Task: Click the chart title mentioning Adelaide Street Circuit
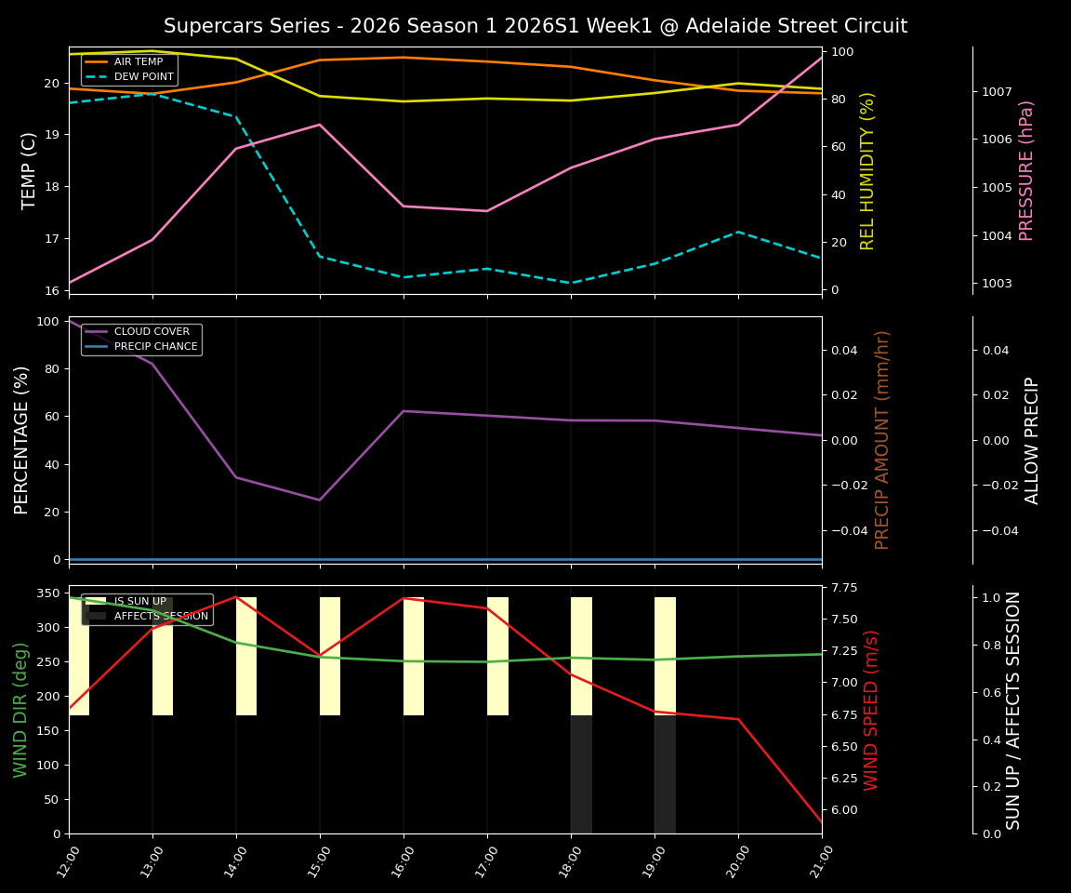(x=535, y=26)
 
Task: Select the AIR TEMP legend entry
(x=138, y=62)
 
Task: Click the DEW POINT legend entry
(x=143, y=76)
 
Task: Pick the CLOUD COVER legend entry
(x=152, y=332)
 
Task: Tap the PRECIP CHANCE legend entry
(x=155, y=347)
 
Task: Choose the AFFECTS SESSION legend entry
(x=161, y=617)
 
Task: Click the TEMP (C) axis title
(x=30, y=170)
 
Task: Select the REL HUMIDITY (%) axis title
(x=868, y=170)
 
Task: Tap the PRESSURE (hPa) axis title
(x=1026, y=170)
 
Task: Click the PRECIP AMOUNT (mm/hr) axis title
(x=882, y=440)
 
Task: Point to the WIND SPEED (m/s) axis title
(x=871, y=710)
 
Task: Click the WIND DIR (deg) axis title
(x=20, y=710)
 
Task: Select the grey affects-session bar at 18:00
(x=581, y=774)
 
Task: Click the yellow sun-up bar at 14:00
(x=246, y=656)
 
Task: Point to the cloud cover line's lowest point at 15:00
(x=320, y=500)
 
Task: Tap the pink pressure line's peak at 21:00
(x=821, y=58)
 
